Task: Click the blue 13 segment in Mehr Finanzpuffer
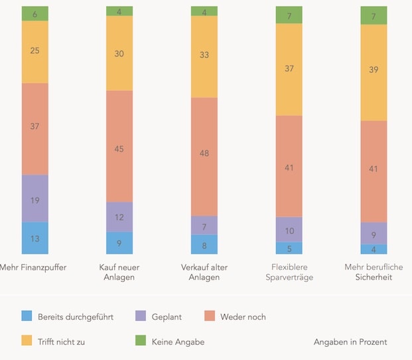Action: coord(34,238)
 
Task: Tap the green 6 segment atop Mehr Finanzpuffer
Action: coord(34,13)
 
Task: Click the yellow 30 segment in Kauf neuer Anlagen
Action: coord(119,53)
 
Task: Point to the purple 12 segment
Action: coord(119,217)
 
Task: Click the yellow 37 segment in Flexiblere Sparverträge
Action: coord(289,69)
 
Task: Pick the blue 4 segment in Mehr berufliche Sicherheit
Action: coord(374,249)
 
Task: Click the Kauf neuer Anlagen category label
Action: coord(119,272)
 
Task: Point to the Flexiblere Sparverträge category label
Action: coord(289,272)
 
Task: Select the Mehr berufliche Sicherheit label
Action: coord(374,272)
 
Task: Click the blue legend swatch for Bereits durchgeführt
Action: coord(27,317)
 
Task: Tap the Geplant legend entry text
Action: coord(166,317)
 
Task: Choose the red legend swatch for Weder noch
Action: coord(210,317)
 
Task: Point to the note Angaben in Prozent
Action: coord(350,342)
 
